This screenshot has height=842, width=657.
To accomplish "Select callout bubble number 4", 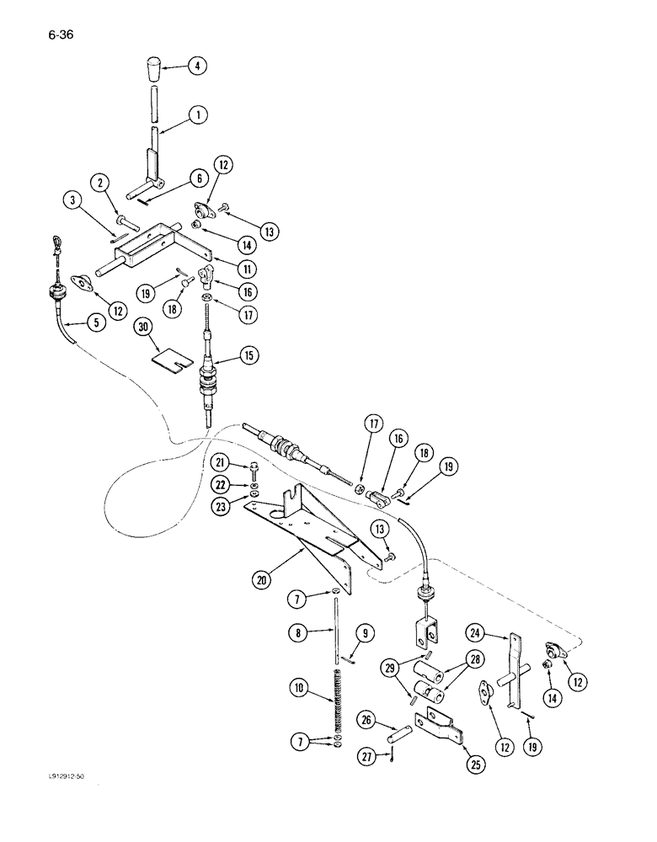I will [199, 66].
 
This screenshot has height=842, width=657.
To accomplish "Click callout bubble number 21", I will [221, 461].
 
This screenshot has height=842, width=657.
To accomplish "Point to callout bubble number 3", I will [73, 200].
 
